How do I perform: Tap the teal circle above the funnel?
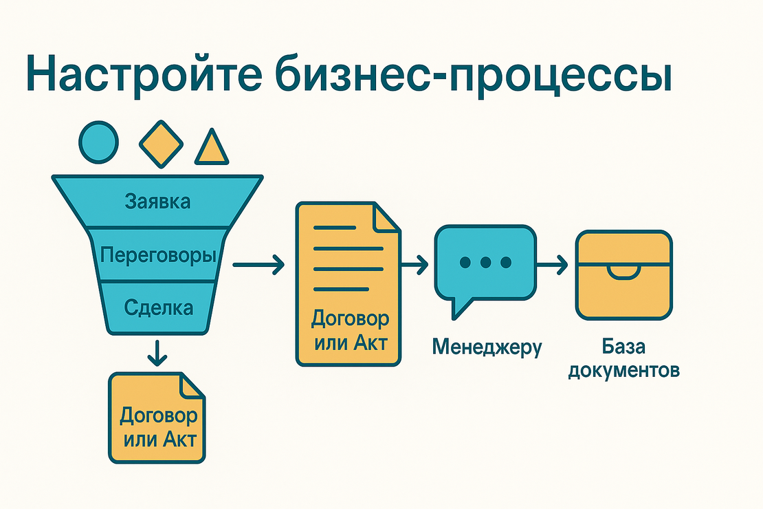(98, 142)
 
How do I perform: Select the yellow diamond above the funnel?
(162, 143)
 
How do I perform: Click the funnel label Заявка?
(157, 202)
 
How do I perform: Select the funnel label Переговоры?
(158, 256)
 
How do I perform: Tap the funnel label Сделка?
(158, 307)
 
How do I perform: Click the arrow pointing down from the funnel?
(157, 353)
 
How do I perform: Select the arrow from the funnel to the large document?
(258, 263)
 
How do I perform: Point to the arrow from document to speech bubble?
(415, 263)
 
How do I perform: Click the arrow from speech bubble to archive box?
(553, 263)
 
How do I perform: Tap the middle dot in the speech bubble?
(486, 262)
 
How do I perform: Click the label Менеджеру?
(487, 347)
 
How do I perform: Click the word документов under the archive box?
(623, 371)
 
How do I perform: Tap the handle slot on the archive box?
(623, 272)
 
